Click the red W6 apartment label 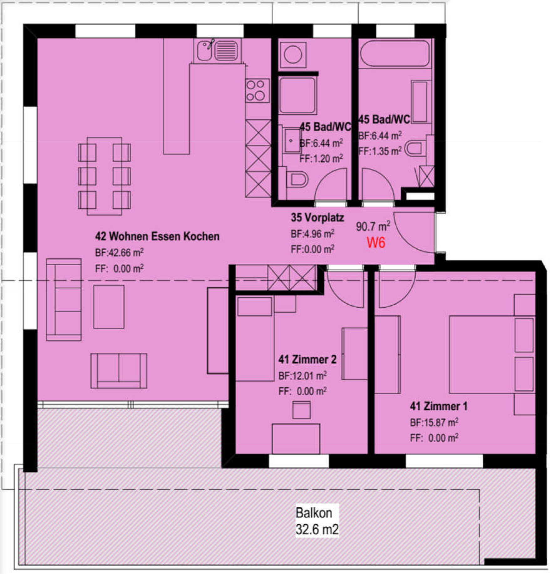pyautogui.click(x=376, y=243)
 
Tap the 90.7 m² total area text pyautogui.click(x=373, y=226)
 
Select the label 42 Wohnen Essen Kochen pyautogui.click(x=157, y=236)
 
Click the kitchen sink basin pyautogui.click(x=204, y=51)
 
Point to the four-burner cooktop pyautogui.click(x=257, y=90)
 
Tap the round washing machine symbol pyautogui.click(x=293, y=55)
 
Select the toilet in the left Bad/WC pyautogui.click(x=297, y=180)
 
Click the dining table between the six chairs pyautogui.click(x=104, y=176)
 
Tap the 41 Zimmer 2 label pyautogui.click(x=307, y=359)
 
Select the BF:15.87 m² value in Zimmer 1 pyautogui.click(x=434, y=422)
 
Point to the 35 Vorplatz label pyautogui.click(x=317, y=217)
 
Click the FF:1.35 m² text pyautogui.click(x=380, y=151)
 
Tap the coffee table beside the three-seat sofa pyautogui.click(x=109, y=307)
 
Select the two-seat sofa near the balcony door pyautogui.click(x=119, y=371)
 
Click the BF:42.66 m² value pyautogui.click(x=119, y=252)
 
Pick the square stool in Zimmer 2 pyautogui.click(x=301, y=410)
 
